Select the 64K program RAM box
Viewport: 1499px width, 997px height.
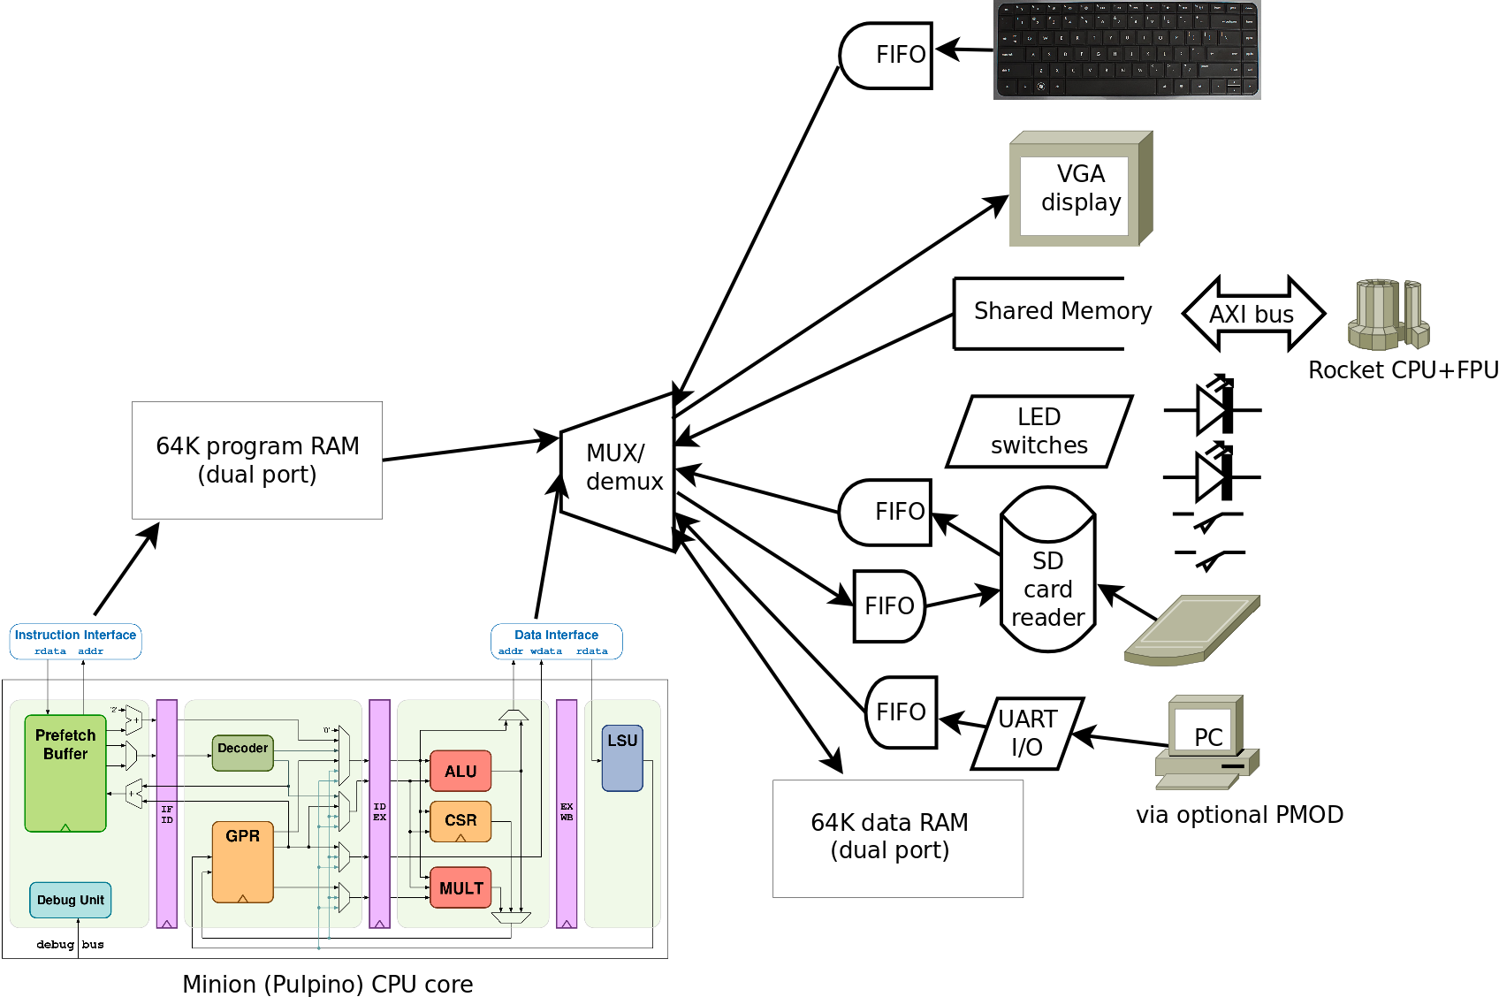(x=257, y=460)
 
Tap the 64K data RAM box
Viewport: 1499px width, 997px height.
(x=897, y=838)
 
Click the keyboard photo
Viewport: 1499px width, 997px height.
(x=1127, y=49)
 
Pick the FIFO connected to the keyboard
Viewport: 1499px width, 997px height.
(x=888, y=56)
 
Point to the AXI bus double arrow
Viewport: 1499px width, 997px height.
(x=1252, y=314)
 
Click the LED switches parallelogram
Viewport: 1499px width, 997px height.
(x=1039, y=431)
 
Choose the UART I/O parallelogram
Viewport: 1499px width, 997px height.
(x=1027, y=733)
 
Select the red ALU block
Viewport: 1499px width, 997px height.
(x=460, y=772)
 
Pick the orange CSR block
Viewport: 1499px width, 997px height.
(x=460, y=821)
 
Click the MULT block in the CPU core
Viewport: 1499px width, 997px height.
(x=460, y=888)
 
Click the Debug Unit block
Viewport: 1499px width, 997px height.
(x=71, y=900)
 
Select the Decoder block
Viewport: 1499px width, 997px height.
(x=243, y=751)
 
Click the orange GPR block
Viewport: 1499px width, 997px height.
(x=243, y=862)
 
